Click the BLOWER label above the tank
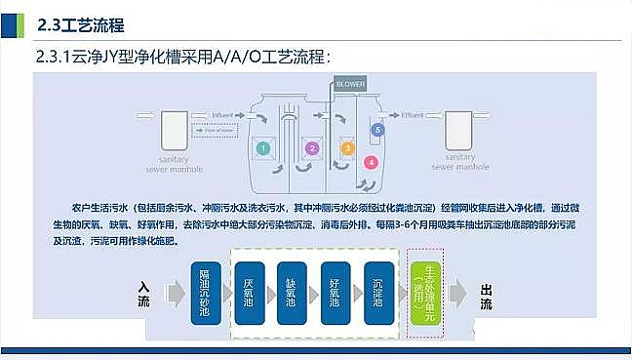[351, 85]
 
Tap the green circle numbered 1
[262, 148]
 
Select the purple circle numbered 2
[311, 148]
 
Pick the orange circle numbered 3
[346, 148]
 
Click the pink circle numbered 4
[371, 162]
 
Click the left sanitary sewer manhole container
[177, 130]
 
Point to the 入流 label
[144, 295]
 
